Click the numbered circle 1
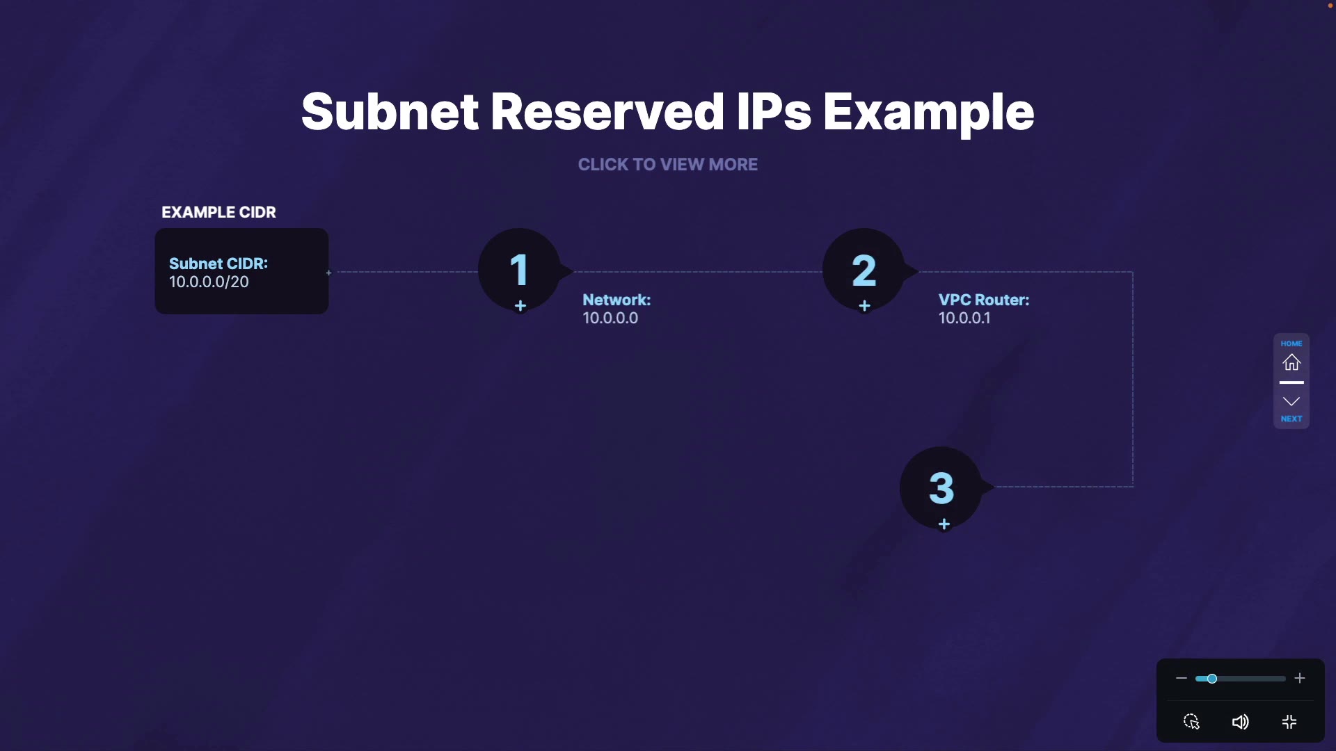pyautogui.click(x=519, y=270)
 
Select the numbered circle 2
pyautogui.click(x=864, y=270)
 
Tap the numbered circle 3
pyautogui.click(x=941, y=487)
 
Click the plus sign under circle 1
pyautogui.click(x=520, y=306)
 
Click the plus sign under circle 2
pyautogui.click(x=864, y=306)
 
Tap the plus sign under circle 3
pyautogui.click(x=944, y=524)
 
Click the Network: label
pyautogui.click(x=617, y=300)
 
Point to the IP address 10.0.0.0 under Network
pyautogui.click(x=610, y=318)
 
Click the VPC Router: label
pyautogui.click(x=983, y=300)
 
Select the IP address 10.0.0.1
pyautogui.click(x=964, y=318)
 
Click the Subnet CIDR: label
pyautogui.click(x=218, y=264)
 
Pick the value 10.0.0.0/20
pyautogui.click(x=209, y=282)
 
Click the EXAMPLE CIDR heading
pyautogui.click(x=218, y=212)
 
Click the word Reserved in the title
pyautogui.click(x=607, y=112)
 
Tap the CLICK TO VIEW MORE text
pyautogui.click(x=668, y=165)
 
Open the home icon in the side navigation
pyautogui.click(x=1291, y=362)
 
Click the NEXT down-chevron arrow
pyautogui.click(x=1291, y=402)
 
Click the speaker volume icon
pyautogui.click(x=1240, y=722)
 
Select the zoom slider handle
pyautogui.click(x=1211, y=679)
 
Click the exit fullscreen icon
pyautogui.click(x=1289, y=722)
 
